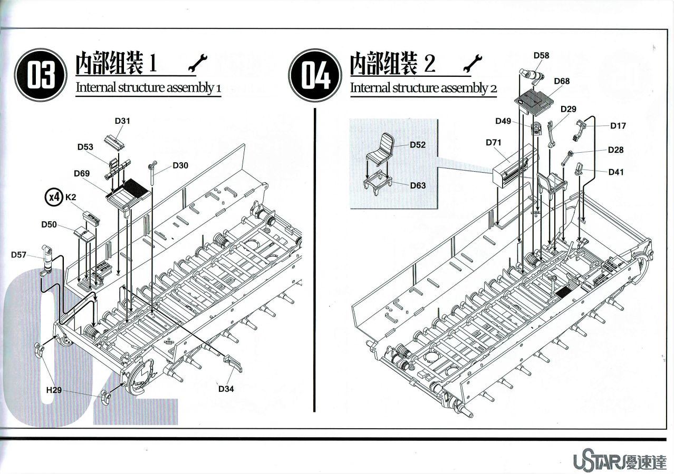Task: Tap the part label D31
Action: click(122, 121)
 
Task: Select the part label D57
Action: click(18, 255)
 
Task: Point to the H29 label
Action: click(54, 390)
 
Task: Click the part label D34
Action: click(226, 389)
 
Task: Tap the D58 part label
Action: click(541, 55)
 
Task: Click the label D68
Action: click(562, 81)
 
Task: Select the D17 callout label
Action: click(618, 126)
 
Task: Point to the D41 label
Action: click(616, 172)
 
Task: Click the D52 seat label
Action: click(418, 145)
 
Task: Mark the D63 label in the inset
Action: click(418, 185)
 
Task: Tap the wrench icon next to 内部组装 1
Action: click(198, 63)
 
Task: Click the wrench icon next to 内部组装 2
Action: click(473, 63)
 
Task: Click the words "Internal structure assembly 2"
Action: click(423, 88)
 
